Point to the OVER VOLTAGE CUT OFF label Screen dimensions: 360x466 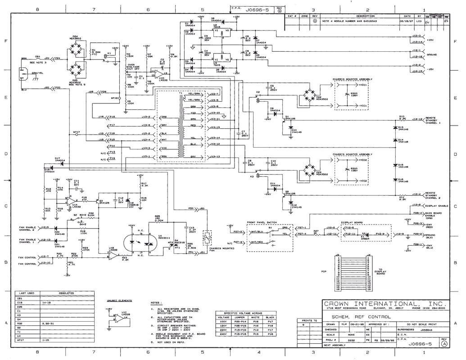click(x=135, y=67)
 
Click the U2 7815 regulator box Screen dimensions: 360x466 click(x=221, y=32)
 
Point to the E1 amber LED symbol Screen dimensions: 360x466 click(x=364, y=234)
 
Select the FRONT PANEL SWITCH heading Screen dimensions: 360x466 click(x=262, y=223)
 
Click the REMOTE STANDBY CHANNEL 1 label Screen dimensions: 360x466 click(x=434, y=121)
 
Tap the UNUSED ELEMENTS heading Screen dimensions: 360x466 click(x=119, y=300)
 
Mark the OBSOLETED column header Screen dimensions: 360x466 click(x=66, y=293)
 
